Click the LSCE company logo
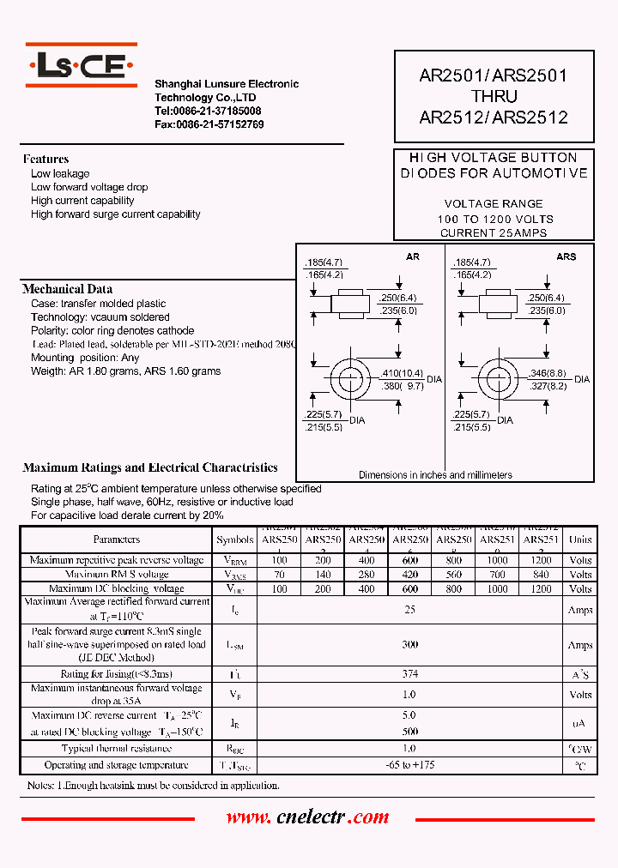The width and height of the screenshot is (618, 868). [81, 66]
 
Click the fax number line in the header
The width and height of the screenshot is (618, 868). [209, 124]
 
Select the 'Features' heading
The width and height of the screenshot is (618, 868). [45, 159]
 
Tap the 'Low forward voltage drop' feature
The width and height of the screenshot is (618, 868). [89, 187]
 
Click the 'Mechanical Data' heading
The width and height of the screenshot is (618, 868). [67, 289]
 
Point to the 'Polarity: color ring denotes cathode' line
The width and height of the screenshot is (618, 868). [112, 330]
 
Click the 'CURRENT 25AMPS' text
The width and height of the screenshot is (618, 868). [494, 233]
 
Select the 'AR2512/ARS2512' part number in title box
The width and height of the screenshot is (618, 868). [493, 118]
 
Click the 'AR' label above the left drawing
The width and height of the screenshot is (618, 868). [413, 256]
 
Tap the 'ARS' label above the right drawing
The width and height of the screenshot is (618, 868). [566, 256]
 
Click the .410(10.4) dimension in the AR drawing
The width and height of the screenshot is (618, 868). [401, 373]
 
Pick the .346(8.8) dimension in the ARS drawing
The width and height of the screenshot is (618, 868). [548, 373]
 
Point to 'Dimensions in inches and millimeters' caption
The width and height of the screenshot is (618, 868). [435, 474]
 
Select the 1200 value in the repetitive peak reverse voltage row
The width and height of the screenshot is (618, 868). [541, 560]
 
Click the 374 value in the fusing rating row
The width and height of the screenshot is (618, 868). [409, 674]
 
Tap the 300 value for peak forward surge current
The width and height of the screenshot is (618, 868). [409, 645]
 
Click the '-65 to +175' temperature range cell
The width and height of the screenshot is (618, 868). [409, 765]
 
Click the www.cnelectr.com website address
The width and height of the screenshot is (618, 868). [307, 817]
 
